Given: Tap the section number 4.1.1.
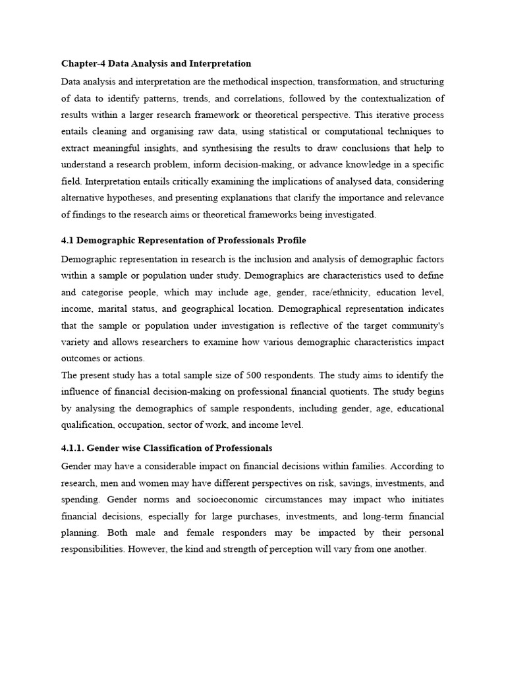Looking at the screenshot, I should (74, 448).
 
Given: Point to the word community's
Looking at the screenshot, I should (416, 326).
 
